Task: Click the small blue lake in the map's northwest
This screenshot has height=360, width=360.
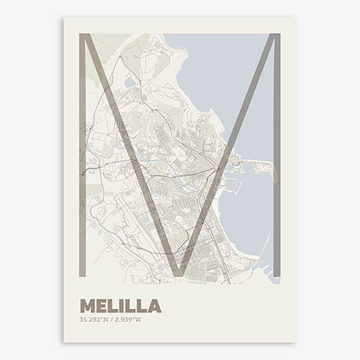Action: tap(129, 82)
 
